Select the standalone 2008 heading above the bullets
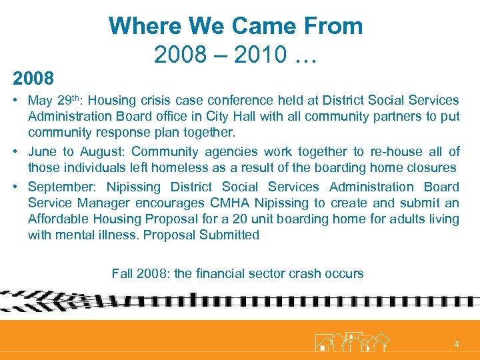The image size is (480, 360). tap(33, 79)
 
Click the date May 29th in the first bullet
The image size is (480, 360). tap(55, 101)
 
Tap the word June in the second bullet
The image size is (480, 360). tap(43, 152)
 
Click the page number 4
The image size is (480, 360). tap(456, 344)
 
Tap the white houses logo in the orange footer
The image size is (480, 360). tap(351, 341)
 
